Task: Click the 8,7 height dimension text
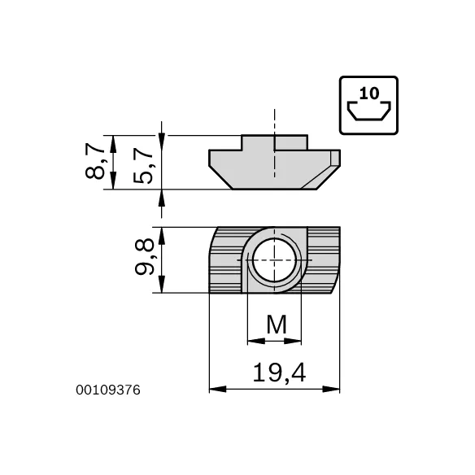coord(96,161)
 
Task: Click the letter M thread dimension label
coord(277,325)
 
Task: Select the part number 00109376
coord(109,390)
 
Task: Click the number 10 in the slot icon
coord(368,93)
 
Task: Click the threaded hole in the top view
coord(275,261)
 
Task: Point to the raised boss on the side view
coord(275,142)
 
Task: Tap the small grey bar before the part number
coord(72,390)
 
